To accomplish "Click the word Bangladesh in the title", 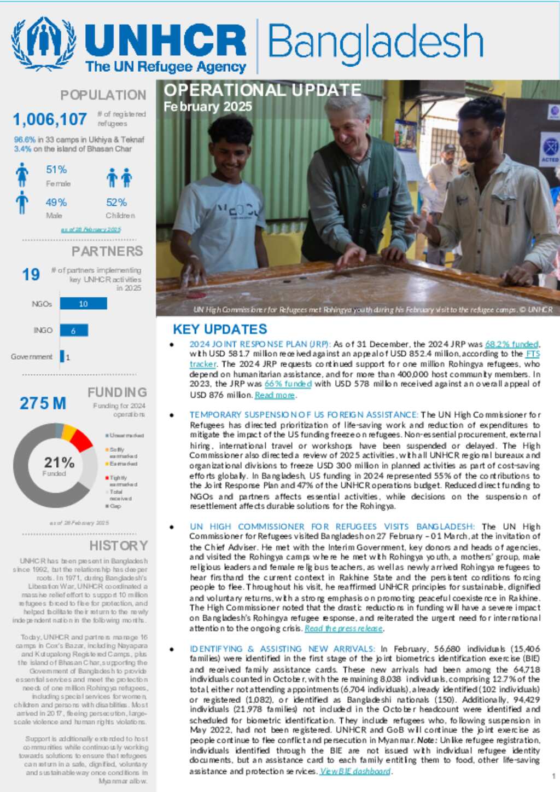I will (x=375, y=43).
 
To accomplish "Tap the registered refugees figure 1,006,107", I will (x=50, y=119).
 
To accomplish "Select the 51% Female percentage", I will (x=56, y=170).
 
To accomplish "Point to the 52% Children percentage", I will (x=116, y=203).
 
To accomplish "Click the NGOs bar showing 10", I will (x=83, y=304).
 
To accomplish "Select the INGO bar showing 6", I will (x=74, y=330).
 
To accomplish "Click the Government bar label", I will (x=32, y=357).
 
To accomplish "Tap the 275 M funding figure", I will (x=43, y=403).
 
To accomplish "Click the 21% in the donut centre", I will (x=59, y=463).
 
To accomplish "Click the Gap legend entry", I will (x=115, y=506).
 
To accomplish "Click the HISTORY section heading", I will (x=119, y=546).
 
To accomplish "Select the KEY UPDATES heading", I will (x=220, y=329).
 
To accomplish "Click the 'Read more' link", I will (x=275, y=395).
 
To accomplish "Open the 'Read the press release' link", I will (x=343, y=628).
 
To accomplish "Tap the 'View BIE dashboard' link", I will (x=355, y=771).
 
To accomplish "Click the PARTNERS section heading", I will (x=107, y=251).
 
